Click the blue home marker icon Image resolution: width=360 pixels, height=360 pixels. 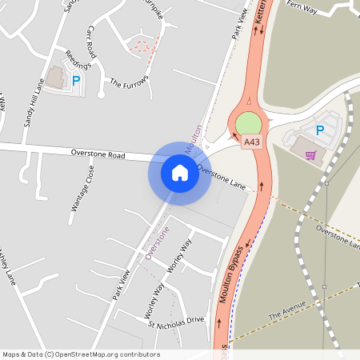[180, 172]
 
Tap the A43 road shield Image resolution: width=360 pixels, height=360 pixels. [252, 142]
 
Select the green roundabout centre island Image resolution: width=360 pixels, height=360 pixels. [249, 123]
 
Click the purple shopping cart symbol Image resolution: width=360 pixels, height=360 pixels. [310, 154]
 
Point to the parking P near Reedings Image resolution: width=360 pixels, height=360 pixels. [77, 80]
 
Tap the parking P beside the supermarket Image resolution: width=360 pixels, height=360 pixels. [320, 130]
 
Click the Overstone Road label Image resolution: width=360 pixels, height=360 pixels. [98, 152]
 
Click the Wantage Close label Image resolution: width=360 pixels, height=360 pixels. [82, 188]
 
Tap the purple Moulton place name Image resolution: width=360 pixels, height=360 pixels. [193, 134]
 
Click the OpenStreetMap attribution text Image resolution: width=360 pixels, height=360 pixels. [81, 354]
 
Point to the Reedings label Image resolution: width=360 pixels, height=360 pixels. [78, 62]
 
